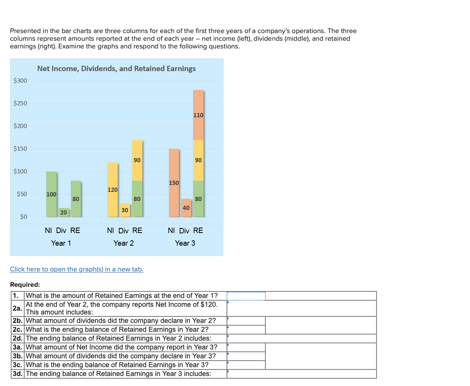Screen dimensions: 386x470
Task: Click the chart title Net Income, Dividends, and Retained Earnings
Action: point(116,68)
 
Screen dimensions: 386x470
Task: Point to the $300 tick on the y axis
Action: point(20,81)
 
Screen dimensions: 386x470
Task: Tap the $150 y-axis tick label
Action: point(20,149)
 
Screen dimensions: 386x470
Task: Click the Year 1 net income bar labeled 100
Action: point(51,194)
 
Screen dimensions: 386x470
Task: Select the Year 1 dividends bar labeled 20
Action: point(63,212)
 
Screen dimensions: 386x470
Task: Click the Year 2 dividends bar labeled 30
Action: point(125,210)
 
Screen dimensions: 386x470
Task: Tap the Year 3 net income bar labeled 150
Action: point(174,182)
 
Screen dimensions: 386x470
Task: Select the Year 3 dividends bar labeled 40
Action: point(186,208)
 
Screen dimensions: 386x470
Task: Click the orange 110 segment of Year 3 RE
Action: point(198,115)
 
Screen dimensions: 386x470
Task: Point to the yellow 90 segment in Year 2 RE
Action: point(137,160)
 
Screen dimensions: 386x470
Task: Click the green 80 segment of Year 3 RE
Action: point(198,199)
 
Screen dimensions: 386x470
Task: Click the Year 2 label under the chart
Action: point(124,243)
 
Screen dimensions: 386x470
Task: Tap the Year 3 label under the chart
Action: point(185,243)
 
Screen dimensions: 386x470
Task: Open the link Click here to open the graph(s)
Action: point(77,269)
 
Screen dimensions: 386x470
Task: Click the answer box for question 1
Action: point(246,296)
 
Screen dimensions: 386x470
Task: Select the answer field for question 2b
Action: point(246,321)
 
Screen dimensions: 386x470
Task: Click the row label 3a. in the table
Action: point(18,347)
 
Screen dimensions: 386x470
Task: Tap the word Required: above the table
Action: point(25,285)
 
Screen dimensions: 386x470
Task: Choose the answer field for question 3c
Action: point(246,365)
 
